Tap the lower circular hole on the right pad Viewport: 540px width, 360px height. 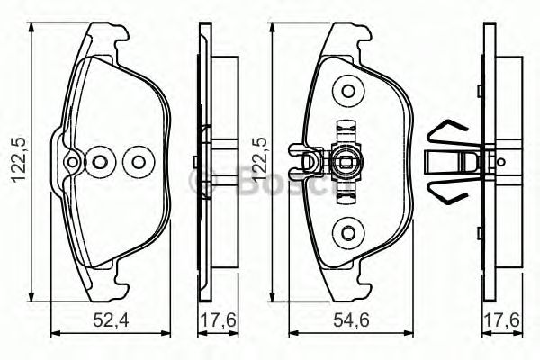(346, 234)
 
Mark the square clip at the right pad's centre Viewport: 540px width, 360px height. (346, 163)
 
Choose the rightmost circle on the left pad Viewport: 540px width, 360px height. (138, 163)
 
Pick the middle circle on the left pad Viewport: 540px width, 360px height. (101, 163)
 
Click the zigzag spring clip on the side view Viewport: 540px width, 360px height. (447, 162)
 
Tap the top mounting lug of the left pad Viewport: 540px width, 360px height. (106, 39)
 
